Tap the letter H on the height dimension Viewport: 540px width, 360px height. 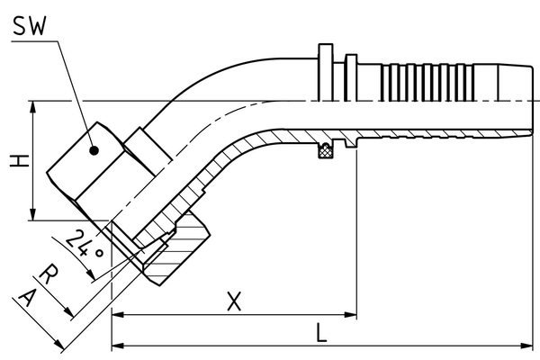[15, 160]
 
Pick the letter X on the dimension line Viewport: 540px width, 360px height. [233, 302]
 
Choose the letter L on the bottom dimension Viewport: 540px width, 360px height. [322, 332]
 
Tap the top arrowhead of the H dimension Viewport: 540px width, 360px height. [33, 106]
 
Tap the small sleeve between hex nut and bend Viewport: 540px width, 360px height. [141, 145]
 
